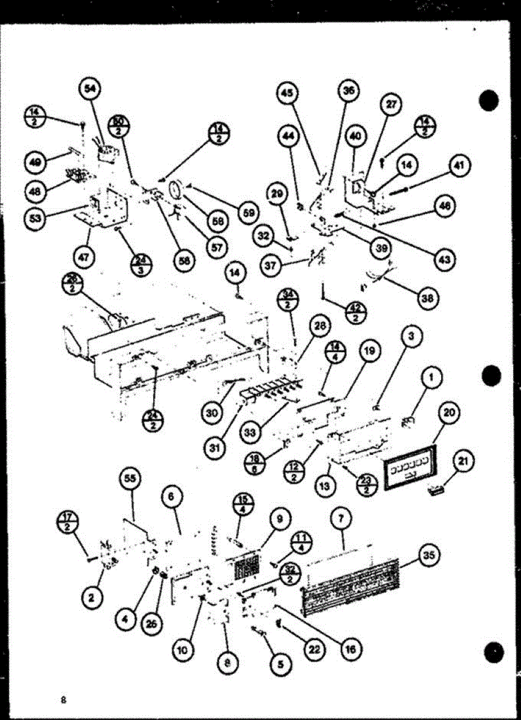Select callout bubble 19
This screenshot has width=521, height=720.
[x=370, y=351]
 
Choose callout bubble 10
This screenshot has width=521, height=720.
[x=181, y=649]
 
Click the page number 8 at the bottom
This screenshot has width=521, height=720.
[x=62, y=700]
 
